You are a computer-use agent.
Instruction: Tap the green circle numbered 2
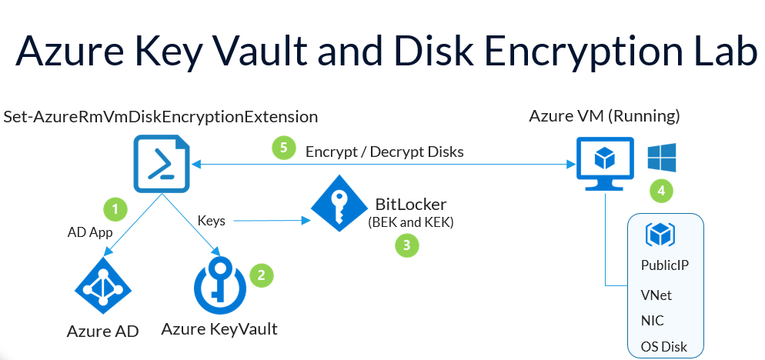(262, 275)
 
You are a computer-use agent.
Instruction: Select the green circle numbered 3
(406, 245)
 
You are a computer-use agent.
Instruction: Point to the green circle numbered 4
(660, 188)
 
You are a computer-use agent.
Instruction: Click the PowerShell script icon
(162, 163)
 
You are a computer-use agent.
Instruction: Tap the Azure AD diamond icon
(102, 290)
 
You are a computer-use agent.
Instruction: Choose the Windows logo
(661, 157)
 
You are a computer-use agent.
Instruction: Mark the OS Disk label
(663, 346)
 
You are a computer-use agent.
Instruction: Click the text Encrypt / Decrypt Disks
(385, 152)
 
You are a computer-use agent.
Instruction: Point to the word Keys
(212, 221)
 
